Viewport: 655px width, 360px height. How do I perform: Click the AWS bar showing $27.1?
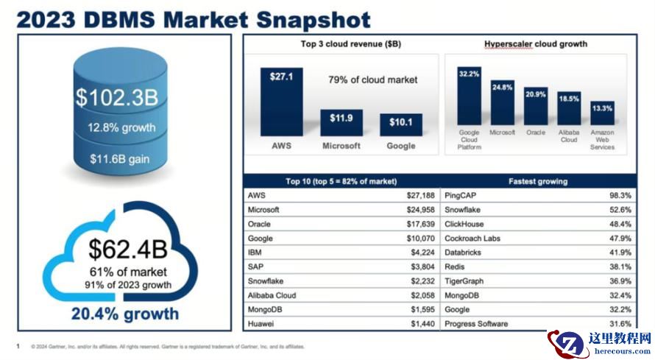[x=281, y=102]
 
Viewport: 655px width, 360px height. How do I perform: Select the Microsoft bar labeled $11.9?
[x=341, y=122]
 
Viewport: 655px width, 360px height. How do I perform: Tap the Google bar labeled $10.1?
[x=400, y=124]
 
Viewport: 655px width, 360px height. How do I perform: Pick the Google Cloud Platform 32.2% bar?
[x=469, y=96]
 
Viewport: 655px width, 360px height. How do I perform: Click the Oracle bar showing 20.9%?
[x=536, y=105]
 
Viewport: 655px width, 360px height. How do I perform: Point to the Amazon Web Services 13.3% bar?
[x=602, y=113]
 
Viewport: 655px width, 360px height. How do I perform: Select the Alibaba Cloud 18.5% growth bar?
[x=569, y=108]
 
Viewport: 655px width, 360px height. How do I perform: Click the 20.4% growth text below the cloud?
[x=124, y=314]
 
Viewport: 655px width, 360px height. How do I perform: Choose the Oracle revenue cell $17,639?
[x=420, y=224]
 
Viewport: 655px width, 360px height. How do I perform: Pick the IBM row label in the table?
[x=255, y=253]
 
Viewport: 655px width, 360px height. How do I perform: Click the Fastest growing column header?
[x=538, y=181]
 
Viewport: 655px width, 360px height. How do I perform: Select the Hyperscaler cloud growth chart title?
[x=535, y=44]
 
